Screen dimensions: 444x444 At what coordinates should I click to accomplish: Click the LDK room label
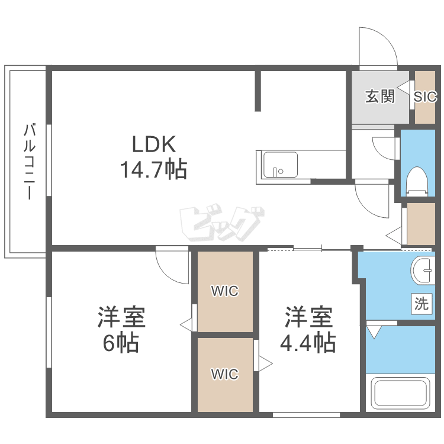(154, 144)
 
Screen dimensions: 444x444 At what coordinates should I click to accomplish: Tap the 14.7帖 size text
(154, 169)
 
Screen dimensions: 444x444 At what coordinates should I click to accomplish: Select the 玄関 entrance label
(380, 96)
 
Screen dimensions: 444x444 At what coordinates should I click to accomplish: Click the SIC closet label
(425, 96)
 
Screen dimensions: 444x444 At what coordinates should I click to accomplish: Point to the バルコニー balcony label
(30, 162)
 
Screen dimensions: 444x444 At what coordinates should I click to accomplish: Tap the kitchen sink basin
(281, 165)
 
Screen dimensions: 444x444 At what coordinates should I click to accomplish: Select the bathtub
(400, 394)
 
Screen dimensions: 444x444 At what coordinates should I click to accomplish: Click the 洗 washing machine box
(422, 304)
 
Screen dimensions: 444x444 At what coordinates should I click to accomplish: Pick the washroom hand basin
(423, 270)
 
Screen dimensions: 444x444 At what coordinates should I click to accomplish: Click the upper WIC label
(225, 291)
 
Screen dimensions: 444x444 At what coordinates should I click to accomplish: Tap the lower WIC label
(225, 374)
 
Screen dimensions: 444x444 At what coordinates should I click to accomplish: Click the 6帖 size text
(121, 342)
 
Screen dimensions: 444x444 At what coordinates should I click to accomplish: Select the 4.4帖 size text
(308, 342)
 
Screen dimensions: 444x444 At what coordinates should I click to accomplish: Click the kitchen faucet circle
(281, 171)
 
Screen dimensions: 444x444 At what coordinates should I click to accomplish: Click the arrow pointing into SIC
(404, 86)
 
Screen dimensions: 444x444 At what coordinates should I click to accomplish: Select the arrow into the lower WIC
(265, 363)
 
